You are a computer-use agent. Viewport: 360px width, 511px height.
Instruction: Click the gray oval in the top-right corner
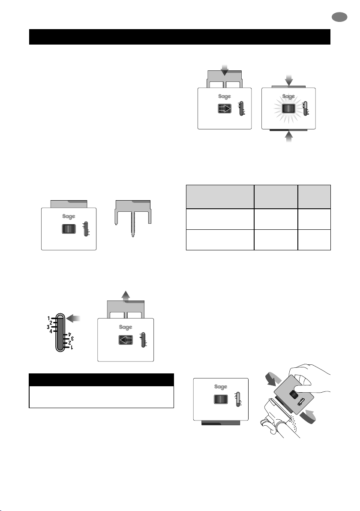[339, 17]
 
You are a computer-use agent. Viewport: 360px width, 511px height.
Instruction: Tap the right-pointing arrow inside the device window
[225, 108]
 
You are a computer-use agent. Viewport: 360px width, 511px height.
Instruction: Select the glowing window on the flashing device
[289, 108]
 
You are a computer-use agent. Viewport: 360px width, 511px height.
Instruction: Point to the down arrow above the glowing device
[289, 80]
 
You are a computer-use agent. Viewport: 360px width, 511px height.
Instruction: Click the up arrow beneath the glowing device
[289, 137]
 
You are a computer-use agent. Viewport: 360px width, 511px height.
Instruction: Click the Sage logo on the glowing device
[288, 96]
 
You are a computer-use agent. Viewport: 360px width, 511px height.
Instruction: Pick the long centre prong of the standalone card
[132, 224]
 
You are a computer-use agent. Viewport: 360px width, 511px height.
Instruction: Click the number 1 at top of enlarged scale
[48, 319]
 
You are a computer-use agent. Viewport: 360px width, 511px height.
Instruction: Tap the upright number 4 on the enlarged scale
[51, 331]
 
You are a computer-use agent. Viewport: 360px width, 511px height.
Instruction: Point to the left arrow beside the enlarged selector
[73, 319]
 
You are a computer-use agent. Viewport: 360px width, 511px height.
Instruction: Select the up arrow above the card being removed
[126, 296]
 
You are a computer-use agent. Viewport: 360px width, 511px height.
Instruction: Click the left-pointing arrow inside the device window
[126, 340]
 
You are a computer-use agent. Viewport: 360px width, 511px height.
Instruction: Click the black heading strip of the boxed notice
[101, 380]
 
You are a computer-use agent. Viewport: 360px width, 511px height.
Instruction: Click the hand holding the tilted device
[309, 378]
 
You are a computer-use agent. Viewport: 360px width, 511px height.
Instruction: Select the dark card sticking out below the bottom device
[221, 423]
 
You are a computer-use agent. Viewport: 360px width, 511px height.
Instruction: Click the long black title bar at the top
[180, 37]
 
